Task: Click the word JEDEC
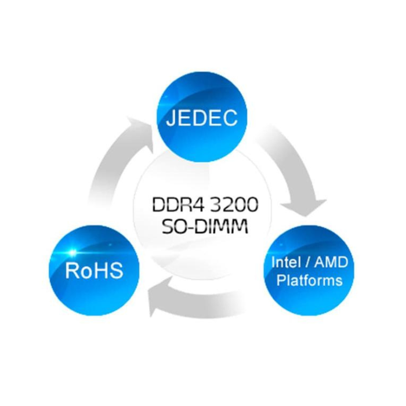(x=201, y=118)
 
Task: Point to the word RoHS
(x=94, y=271)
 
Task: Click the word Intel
(x=285, y=262)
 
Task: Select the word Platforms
(x=309, y=281)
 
